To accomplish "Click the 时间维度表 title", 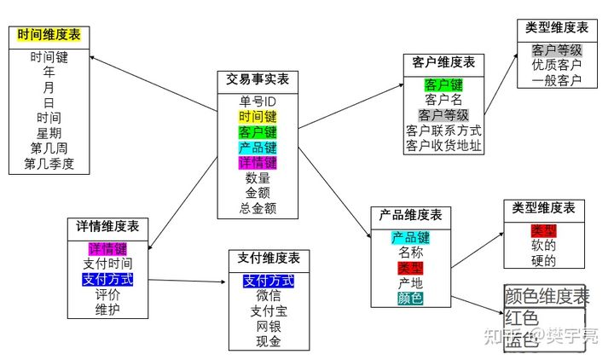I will tap(49, 36).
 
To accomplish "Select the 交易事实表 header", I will tap(258, 79).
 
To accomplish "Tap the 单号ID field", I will tap(258, 102).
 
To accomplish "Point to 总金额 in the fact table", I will tap(258, 208).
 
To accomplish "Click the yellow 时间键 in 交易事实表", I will tap(258, 117).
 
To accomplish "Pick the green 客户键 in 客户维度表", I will tap(443, 84).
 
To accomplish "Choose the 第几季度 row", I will tap(49, 164).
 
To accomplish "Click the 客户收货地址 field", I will tap(443, 146).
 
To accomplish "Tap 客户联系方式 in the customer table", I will tap(443, 131).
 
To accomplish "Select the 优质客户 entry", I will tap(557, 65).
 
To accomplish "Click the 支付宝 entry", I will tap(269, 311).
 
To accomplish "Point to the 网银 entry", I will tap(269, 326).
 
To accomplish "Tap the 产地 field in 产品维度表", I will tap(410, 283).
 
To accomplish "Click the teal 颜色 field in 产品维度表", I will tap(410, 299).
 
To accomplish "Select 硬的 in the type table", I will tap(543, 261).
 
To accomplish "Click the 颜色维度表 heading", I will tap(547, 297).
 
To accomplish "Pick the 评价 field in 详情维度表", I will tap(107, 294).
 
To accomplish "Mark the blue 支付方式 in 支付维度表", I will tap(269, 280).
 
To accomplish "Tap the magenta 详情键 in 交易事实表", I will tap(258, 162).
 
